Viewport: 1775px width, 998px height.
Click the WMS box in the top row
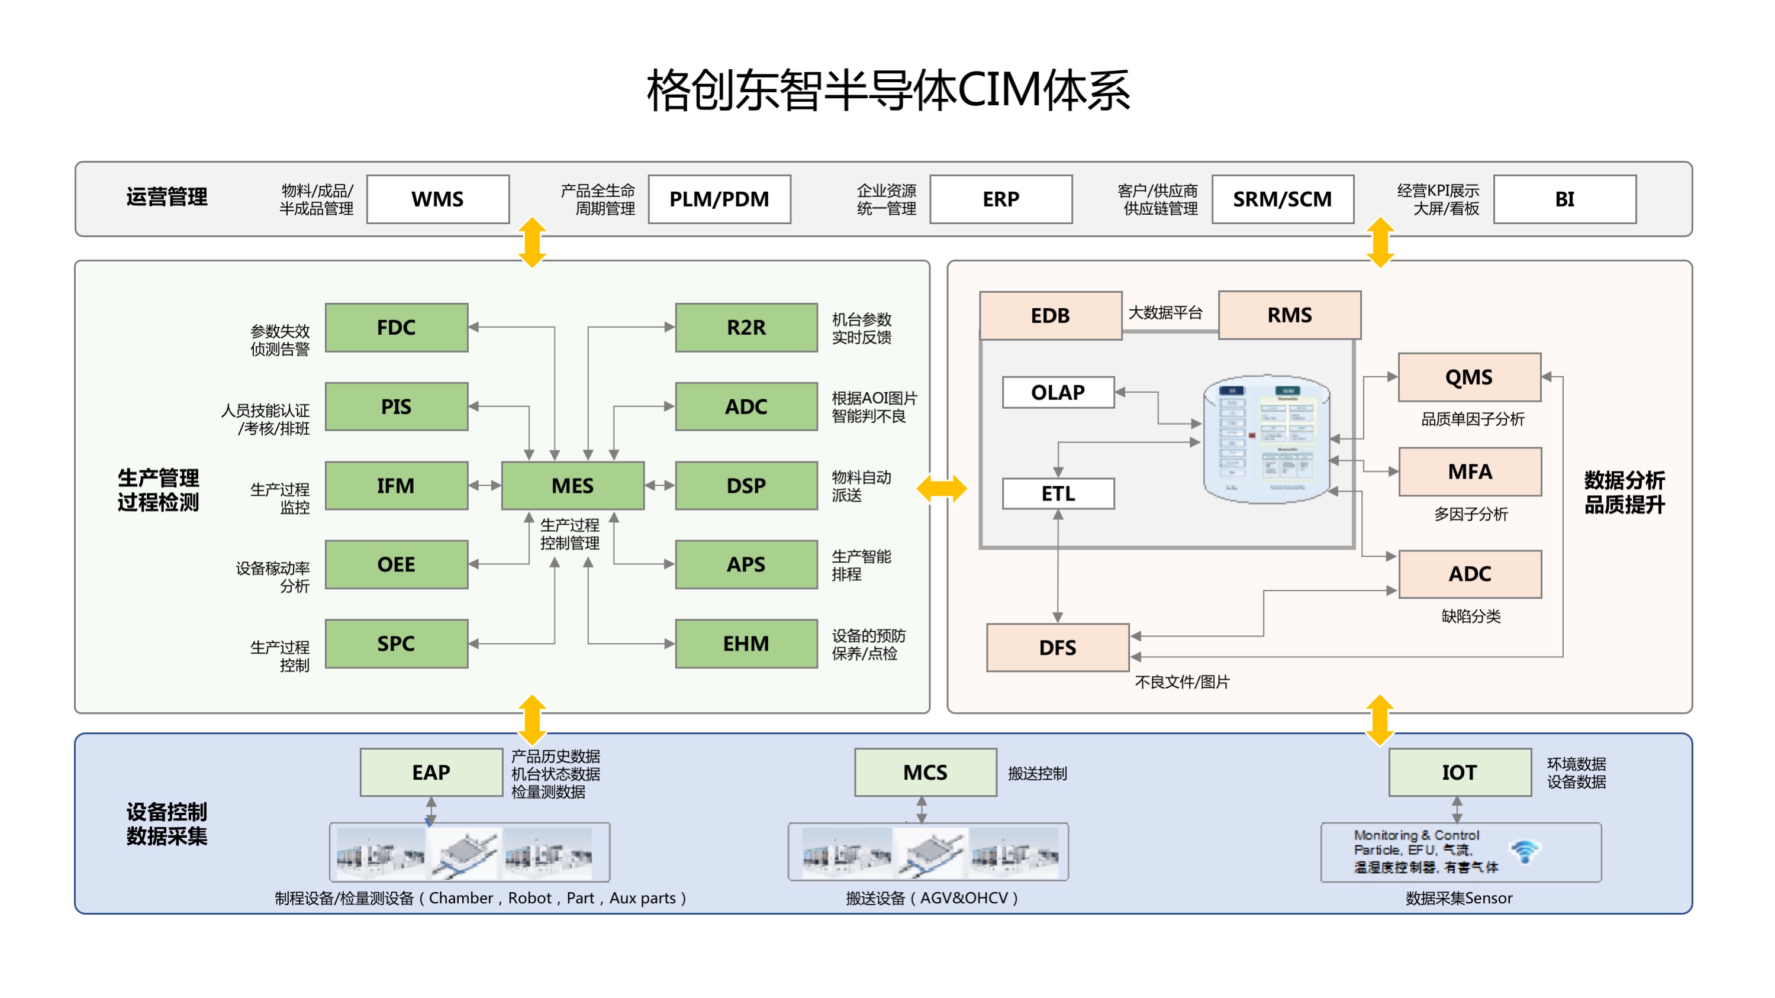(x=437, y=199)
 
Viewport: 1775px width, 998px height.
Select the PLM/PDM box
(x=719, y=199)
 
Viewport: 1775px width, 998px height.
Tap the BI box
(x=1564, y=199)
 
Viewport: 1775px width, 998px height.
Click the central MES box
(x=572, y=486)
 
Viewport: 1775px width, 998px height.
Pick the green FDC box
(x=396, y=327)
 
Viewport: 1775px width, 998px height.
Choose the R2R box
(x=746, y=327)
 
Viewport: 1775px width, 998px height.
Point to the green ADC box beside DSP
(x=746, y=406)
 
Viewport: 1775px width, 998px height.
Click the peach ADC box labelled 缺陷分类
(x=1470, y=574)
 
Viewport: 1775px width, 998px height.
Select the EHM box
(x=746, y=643)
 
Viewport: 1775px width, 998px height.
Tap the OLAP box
(x=1058, y=392)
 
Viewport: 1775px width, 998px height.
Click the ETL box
(x=1058, y=493)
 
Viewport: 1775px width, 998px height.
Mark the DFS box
(x=1058, y=647)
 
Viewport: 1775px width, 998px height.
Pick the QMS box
(x=1469, y=377)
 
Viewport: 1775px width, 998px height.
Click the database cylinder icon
(x=1266, y=440)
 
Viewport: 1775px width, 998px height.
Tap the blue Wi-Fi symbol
(x=1525, y=851)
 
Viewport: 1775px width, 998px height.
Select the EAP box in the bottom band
(x=431, y=772)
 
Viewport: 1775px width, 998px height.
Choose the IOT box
(x=1460, y=772)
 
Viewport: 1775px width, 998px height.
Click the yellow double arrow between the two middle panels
(x=941, y=489)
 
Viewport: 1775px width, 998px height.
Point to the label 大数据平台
(x=1165, y=313)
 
